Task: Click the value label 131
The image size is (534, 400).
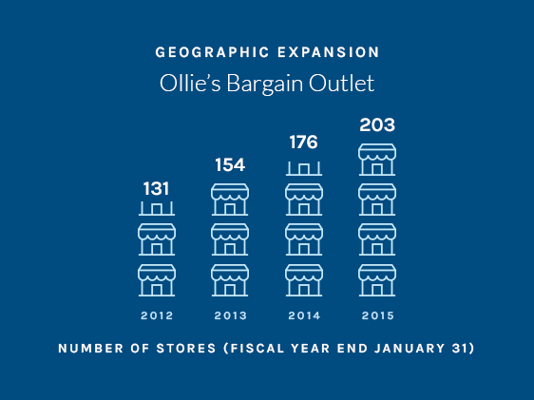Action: coord(156,188)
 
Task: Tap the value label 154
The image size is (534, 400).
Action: coord(230,164)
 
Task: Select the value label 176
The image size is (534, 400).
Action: coord(303,142)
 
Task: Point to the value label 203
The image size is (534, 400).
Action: coord(377,124)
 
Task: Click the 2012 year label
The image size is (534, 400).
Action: coord(157,315)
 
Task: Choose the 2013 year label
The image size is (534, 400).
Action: coord(231,315)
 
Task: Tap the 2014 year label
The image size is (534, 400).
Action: coord(304,315)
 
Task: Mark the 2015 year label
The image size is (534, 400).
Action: coord(377,315)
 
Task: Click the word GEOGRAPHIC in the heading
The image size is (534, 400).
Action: coord(213,52)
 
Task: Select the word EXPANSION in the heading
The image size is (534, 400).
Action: coord(329,52)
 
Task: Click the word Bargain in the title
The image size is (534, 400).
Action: coord(264,84)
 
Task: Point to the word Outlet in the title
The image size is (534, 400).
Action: coord(341,83)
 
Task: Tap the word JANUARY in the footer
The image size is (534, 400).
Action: coord(410,349)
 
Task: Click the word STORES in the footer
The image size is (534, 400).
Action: coord(186,349)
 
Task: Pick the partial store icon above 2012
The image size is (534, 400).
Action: coord(157,209)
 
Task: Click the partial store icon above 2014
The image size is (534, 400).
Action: coord(304,169)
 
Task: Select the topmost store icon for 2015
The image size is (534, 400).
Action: coord(377,160)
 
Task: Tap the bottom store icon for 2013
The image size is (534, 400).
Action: coord(230,280)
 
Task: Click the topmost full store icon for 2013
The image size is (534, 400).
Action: coord(230,200)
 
